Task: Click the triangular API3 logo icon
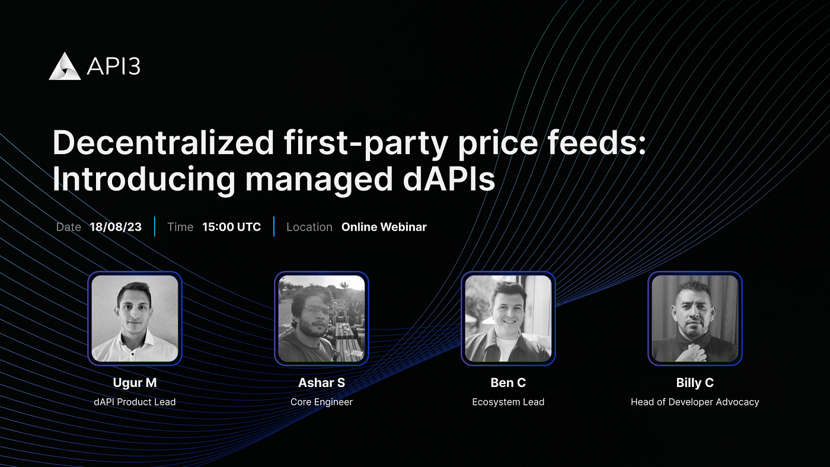pos(65,66)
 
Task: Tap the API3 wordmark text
pos(113,66)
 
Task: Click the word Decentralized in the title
pos(164,143)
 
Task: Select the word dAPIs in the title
pos(449,179)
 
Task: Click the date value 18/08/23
pos(116,227)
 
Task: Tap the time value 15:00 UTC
pos(232,227)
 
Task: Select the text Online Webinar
pos(384,227)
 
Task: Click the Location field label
pos(309,227)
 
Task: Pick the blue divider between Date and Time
pos(155,226)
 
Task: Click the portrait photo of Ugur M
pos(135,318)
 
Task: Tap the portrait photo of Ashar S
pos(321,318)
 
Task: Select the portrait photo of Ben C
pos(509,318)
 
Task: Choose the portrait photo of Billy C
pos(695,318)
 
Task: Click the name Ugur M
pos(135,383)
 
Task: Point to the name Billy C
pos(695,383)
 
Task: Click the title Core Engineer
pos(321,402)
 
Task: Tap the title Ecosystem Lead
pos(509,402)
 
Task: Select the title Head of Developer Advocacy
pos(695,402)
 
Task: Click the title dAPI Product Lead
pos(135,402)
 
